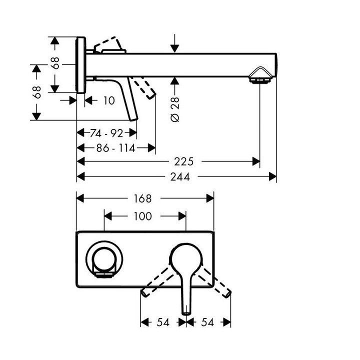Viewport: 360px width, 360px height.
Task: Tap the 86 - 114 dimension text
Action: pos(110,147)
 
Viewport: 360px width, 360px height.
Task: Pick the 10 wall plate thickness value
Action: pos(109,100)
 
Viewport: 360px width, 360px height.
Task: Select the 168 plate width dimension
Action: pos(142,198)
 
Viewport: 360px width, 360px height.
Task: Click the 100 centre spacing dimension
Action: pos(143,216)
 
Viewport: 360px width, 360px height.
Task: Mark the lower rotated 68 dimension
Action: pos(36,92)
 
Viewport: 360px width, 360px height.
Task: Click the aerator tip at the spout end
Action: pos(259,76)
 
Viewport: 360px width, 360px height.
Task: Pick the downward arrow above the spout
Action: pos(174,43)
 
